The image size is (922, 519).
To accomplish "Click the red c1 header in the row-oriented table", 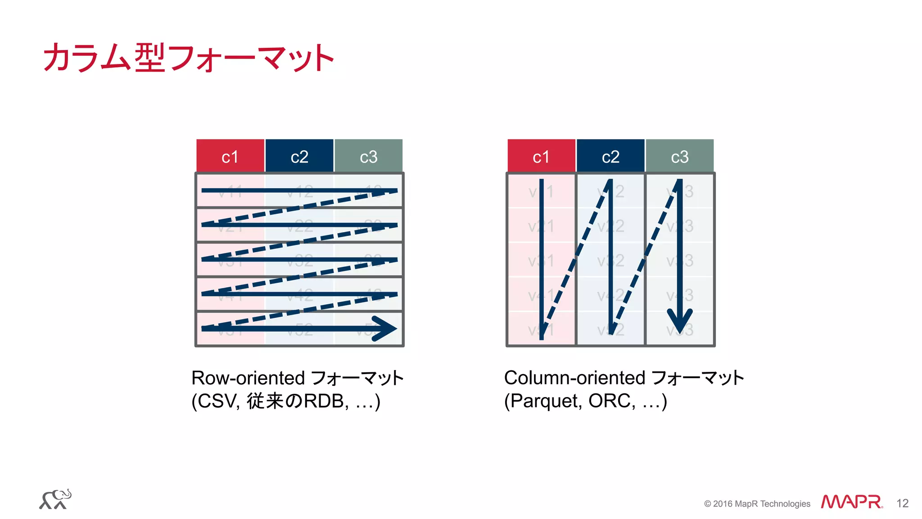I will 230,156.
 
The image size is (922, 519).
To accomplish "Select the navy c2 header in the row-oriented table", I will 299,156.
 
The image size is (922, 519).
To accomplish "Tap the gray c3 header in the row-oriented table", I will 368,156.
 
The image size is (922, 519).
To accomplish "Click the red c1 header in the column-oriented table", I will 541,156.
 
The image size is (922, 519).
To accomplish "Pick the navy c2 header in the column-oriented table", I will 610,156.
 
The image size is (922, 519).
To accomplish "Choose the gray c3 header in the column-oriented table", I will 679,156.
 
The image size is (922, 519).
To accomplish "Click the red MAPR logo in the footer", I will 851,502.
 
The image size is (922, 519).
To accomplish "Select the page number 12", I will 902,503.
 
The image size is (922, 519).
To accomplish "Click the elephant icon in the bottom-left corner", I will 55,499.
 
